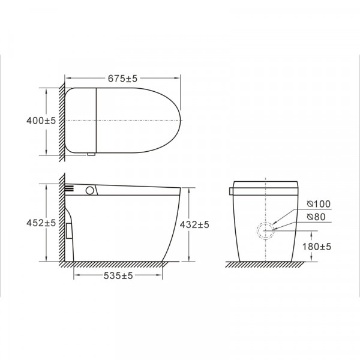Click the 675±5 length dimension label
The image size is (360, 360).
122,79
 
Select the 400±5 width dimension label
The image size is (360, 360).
41,121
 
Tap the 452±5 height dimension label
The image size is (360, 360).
41,223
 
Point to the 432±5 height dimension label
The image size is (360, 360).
194,224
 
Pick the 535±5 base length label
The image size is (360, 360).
118,275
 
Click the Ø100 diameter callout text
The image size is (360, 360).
319,204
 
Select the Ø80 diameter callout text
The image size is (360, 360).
316,217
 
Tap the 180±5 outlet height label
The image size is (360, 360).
317,247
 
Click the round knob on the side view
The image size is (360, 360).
90,190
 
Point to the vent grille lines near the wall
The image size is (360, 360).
70,188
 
